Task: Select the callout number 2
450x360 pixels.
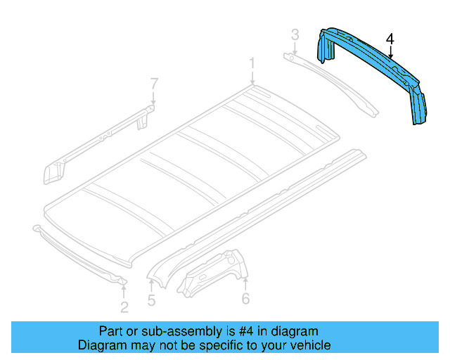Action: (124, 307)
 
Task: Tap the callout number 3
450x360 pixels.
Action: (295, 34)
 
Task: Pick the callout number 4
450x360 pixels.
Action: (390, 39)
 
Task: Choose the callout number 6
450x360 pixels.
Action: (245, 300)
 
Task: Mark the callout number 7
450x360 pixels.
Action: (154, 85)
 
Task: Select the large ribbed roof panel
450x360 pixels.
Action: (190, 169)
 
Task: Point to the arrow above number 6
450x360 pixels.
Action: (245, 283)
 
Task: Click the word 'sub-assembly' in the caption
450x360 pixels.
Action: (171, 331)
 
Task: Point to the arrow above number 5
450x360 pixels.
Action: (151, 285)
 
